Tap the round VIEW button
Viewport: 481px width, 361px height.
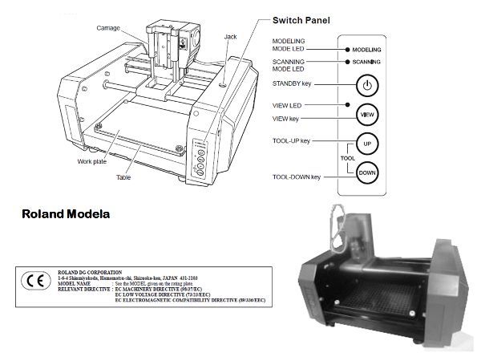pos(366,115)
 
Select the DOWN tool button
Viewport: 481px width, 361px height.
pos(366,172)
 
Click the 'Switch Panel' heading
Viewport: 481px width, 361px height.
pos(301,19)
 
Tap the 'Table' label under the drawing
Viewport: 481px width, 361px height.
pos(123,177)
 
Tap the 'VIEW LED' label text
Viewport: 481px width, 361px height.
pos(288,105)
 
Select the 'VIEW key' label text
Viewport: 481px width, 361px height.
pos(289,118)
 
